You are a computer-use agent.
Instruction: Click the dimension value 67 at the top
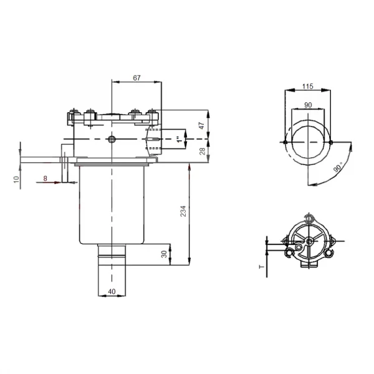tap(137, 77)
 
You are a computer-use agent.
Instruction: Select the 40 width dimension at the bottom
tap(112, 290)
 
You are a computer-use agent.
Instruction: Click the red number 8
tap(45, 179)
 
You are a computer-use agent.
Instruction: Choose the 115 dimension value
tap(307, 86)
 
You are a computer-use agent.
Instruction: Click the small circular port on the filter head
tap(112, 138)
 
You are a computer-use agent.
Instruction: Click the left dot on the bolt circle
tap(284, 143)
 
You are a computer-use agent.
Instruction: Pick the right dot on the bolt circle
tap(330, 143)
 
